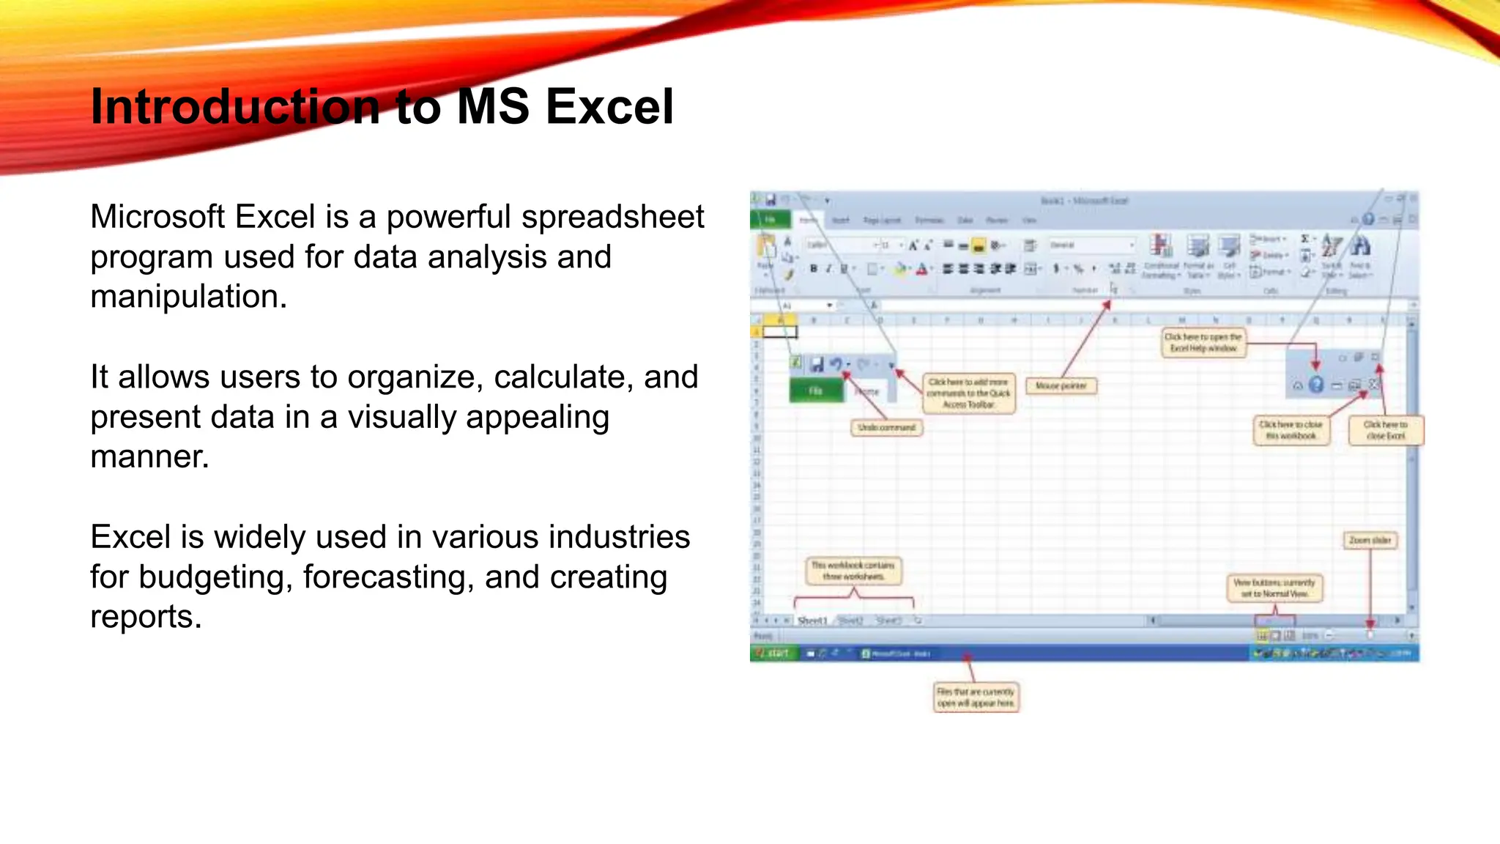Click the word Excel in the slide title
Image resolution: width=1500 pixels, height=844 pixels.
coord(609,107)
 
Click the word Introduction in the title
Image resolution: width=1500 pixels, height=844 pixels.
coord(235,107)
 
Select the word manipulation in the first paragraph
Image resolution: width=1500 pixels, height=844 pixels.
coord(187,297)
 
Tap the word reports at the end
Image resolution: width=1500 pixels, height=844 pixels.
coord(145,617)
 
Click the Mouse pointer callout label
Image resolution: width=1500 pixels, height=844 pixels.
coord(1061,386)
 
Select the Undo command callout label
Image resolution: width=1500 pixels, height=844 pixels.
coord(886,427)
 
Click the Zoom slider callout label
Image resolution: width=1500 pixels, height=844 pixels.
coord(1370,540)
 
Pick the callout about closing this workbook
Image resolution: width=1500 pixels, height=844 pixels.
coord(1291,430)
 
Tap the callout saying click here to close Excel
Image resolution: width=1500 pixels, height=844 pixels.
coord(1385,430)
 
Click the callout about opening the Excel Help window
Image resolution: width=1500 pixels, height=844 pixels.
coord(1203,343)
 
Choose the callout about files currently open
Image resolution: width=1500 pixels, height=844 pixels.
coord(976,697)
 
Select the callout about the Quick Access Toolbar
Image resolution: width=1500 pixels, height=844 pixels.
coord(968,393)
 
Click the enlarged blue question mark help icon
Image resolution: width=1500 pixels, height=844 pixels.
coord(1316,385)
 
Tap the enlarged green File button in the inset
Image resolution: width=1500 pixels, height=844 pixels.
coord(816,391)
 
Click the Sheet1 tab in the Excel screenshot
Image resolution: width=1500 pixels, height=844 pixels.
coord(812,621)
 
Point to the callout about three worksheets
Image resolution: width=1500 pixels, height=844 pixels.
coord(853,571)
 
